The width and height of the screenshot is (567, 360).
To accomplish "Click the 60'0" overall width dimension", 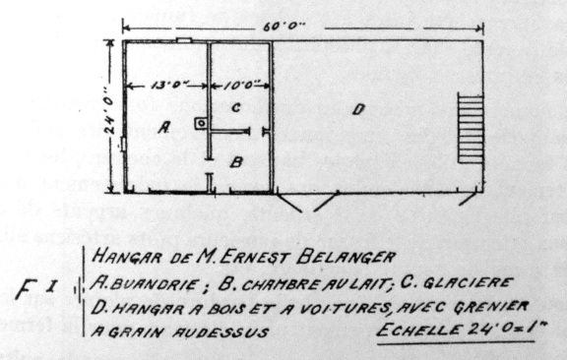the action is point(283,28).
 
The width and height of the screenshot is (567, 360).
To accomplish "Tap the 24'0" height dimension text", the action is point(109,110).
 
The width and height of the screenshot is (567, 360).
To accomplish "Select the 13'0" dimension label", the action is point(168,86).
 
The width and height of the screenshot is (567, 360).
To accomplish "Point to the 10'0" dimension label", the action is point(241,86).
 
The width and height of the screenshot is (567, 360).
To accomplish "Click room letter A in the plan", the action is point(164,127).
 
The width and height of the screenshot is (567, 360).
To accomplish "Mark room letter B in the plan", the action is point(236,162).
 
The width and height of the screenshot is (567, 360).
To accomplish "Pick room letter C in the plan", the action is point(236,107).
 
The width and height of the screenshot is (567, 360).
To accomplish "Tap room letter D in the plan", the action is point(358,109).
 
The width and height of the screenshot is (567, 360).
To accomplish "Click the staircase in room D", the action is point(471,128).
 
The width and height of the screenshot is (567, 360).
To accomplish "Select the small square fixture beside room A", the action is point(201,124).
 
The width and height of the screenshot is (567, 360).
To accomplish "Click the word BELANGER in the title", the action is point(346,257).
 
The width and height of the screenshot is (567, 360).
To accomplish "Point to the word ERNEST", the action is point(255,258).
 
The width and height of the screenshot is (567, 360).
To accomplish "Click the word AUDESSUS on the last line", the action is point(220,331).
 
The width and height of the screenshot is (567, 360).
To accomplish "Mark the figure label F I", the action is point(36,289).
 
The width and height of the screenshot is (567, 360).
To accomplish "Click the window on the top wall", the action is point(184,40).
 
